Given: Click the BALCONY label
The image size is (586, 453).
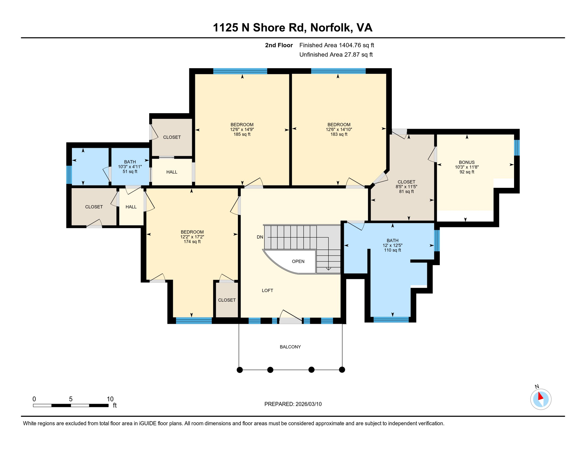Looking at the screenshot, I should point(290,347).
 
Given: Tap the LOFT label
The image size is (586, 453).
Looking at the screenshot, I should point(267,290).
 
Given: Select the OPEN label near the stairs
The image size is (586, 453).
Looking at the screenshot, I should point(298,261).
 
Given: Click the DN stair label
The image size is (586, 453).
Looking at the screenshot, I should point(260,237).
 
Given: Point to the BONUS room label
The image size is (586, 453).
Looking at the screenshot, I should point(467,162).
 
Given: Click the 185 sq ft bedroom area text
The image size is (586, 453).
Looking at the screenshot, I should point(242,134).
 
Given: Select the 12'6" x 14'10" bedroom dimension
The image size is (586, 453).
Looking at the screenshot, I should point(339,129).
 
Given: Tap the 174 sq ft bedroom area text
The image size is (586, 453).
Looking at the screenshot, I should point(192,242).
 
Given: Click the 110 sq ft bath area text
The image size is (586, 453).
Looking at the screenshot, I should point(392,250).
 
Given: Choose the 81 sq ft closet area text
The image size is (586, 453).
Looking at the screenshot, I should point(406,191).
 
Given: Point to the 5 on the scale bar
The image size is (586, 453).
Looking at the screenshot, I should point(71,399).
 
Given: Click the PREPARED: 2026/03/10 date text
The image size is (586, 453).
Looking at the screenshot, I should point(293,404).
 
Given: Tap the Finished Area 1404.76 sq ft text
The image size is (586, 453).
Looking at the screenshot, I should point(336,45).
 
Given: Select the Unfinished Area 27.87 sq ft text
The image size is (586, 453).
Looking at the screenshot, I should point(336,55).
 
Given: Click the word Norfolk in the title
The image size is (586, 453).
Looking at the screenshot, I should point(331,27).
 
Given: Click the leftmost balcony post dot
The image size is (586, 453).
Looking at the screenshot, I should point(240,370).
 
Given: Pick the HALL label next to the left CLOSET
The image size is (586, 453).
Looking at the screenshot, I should point(131,207).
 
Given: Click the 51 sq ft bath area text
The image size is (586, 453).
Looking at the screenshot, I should point(130,171).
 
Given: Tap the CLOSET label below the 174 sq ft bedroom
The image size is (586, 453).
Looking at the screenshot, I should point(227,300).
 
